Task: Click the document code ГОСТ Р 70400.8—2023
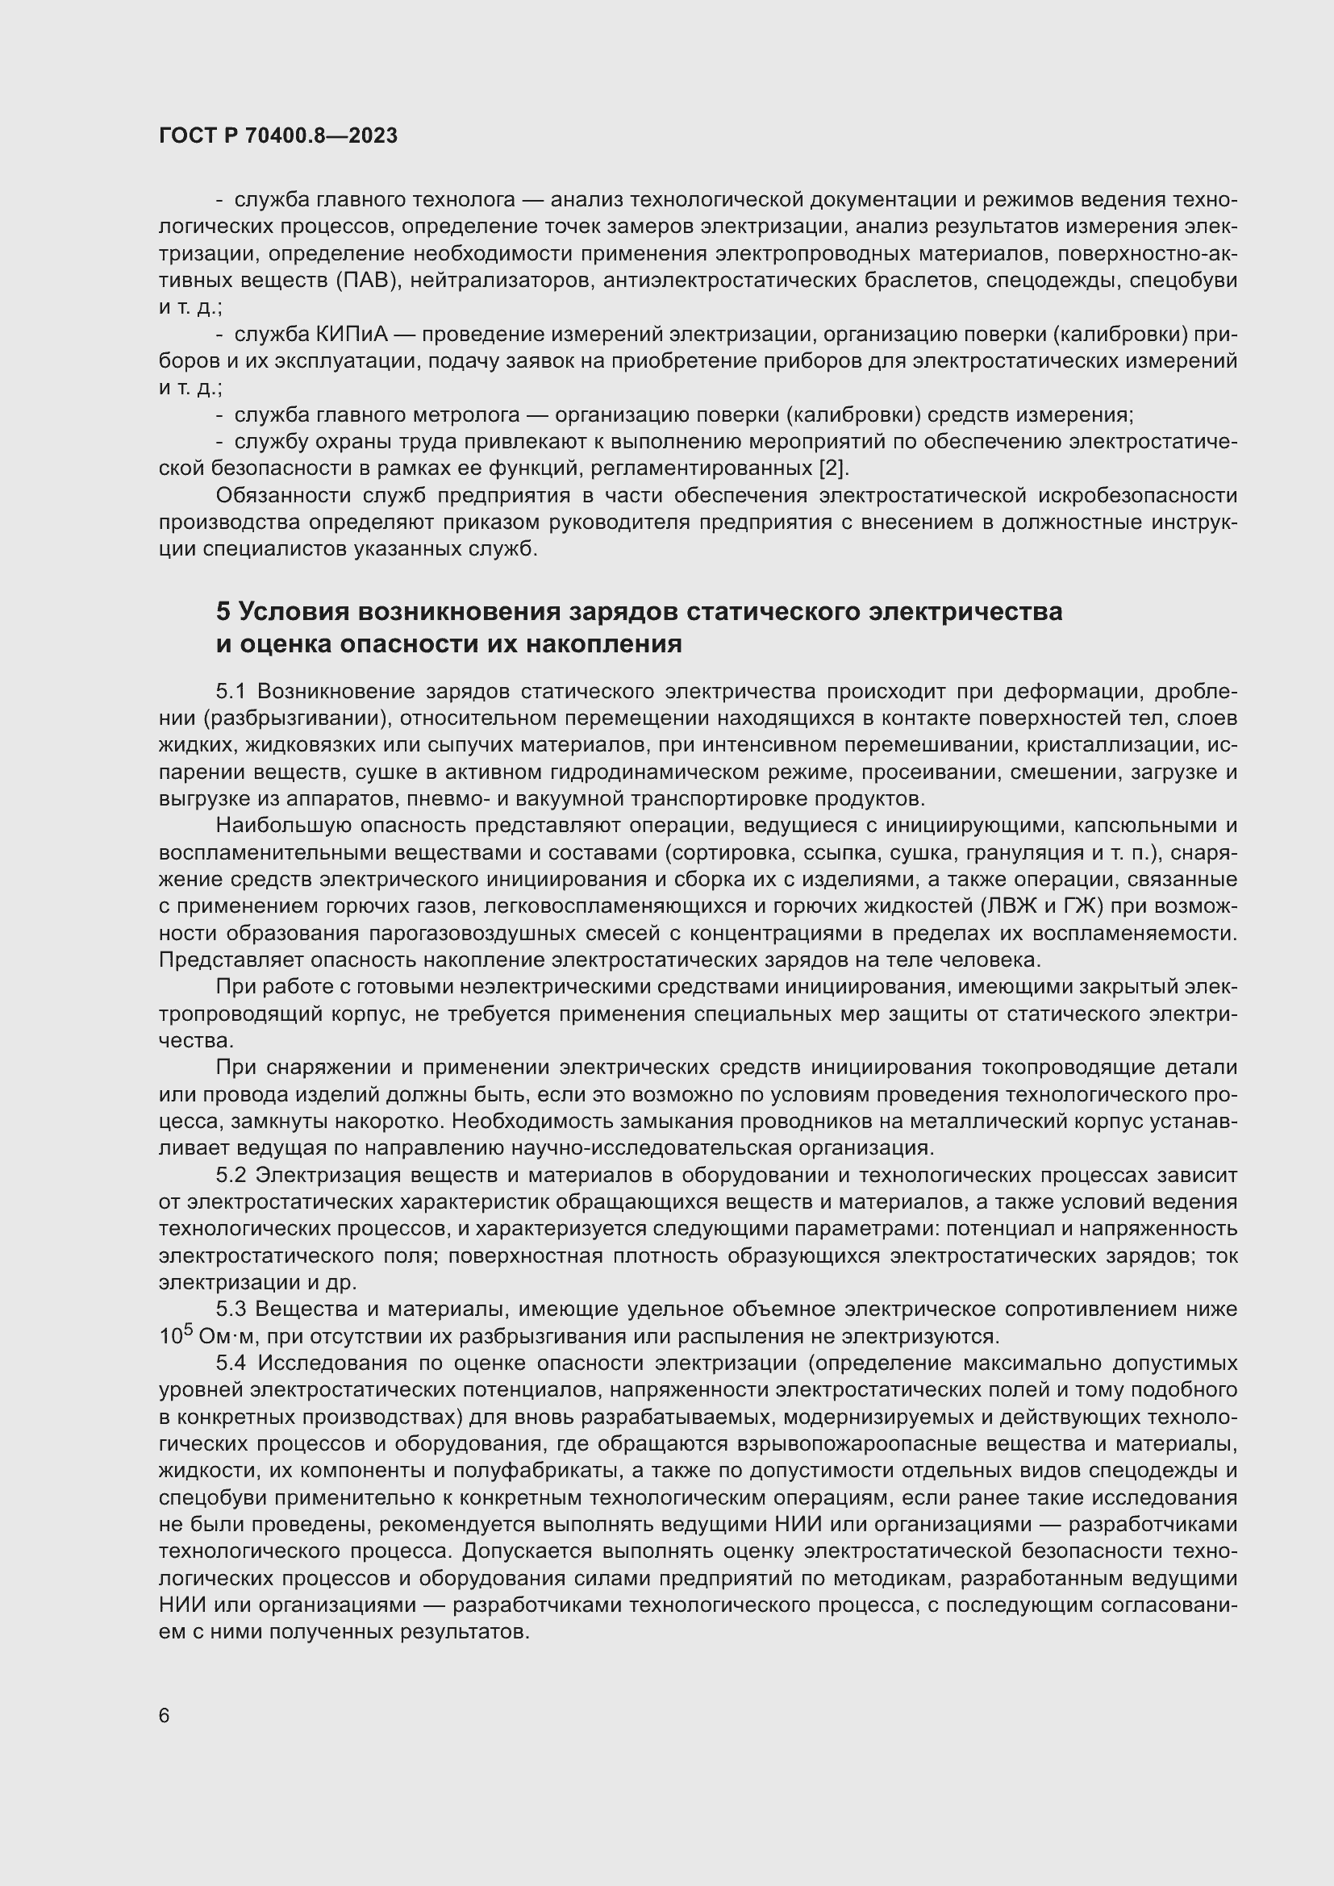point(277,135)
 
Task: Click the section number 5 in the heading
point(223,611)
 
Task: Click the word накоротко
point(394,1122)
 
